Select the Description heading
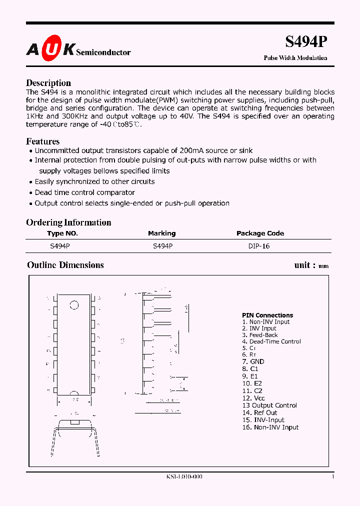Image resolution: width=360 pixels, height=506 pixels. click(x=48, y=83)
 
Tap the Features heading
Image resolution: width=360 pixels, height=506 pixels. click(x=42, y=141)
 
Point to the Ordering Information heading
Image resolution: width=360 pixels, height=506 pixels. click(x=68, y=222)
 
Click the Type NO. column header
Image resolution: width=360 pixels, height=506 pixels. click(x=62, y=233)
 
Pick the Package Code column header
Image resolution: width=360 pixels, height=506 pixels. click(x=260, y=233)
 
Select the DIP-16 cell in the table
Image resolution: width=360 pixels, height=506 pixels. click(x=259, y=246)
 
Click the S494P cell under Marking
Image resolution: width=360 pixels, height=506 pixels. click(x=162, y=246)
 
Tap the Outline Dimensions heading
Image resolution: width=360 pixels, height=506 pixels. click(x=65, y=265)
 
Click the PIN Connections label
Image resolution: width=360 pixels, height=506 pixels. click(x=267, y=315)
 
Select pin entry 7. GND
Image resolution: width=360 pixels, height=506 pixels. click(x=253, y=361)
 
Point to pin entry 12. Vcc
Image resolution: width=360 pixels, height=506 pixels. click(x=253, y=398)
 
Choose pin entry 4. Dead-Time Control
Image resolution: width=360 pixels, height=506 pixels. click(x=271, y=341)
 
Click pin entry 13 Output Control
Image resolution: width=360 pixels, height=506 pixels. click(x=269, y=405)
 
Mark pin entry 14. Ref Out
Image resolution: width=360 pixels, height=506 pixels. click(x=259, y=412)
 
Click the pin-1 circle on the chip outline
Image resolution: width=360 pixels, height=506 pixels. click(x=74, y=304)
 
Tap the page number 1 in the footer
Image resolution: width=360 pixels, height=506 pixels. click(x=332, y=477)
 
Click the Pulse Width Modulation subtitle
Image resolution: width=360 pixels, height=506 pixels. click(x=295, y=58)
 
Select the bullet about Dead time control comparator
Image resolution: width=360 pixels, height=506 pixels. click(x=84, y=192)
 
